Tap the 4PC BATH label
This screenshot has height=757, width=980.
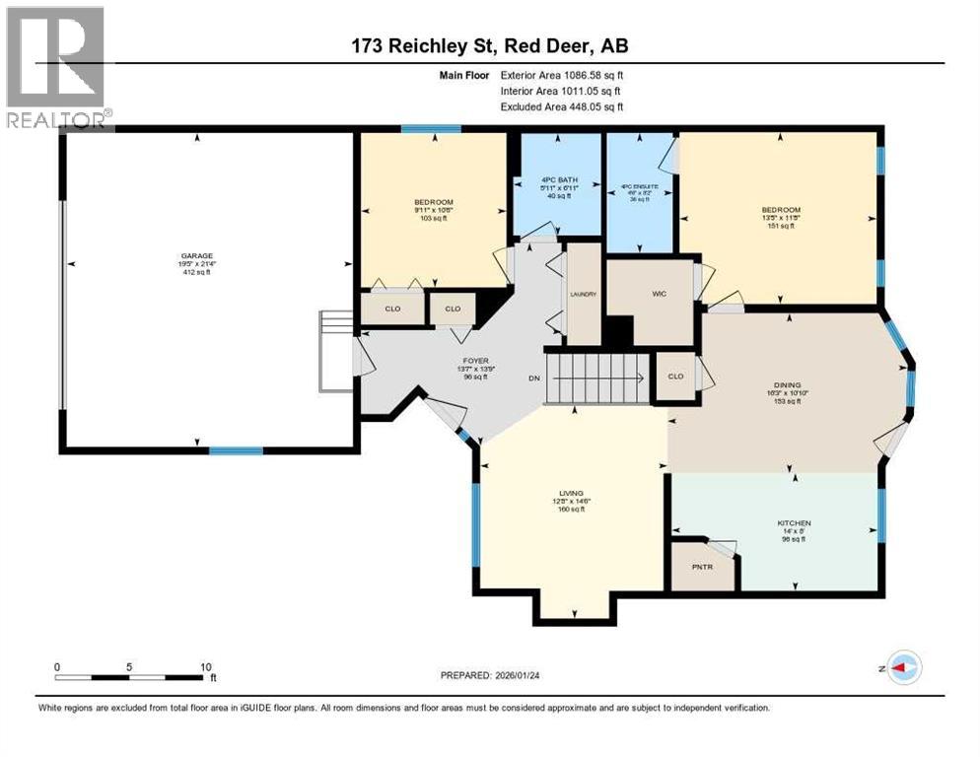tap(558, 180)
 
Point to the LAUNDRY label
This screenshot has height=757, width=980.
tap(583, 294)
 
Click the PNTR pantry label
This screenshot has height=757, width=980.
tap(704, 570)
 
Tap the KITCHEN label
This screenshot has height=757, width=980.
tap(794, 522)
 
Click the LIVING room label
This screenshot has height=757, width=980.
tap(571, 493)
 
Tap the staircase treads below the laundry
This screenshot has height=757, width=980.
tap(597, 378)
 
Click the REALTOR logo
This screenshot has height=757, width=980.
tap(55, 68)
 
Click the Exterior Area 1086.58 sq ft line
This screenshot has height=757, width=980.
tap(562, 74)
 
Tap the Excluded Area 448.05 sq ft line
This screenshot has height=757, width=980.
tap(562, 106)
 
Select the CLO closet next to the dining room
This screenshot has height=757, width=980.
tap(675, 377)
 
